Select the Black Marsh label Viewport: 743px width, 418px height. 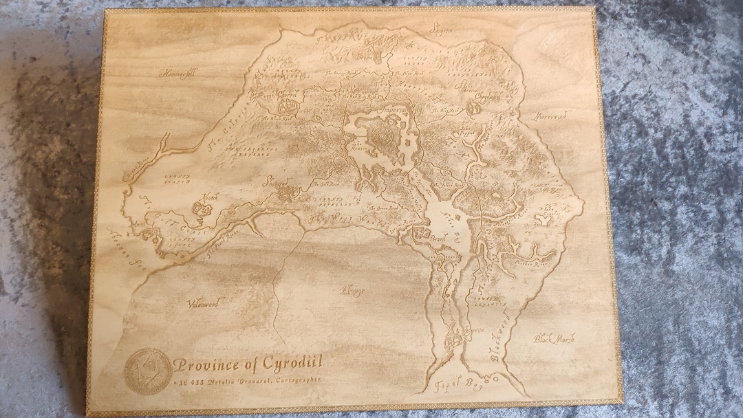[x=554, y=338]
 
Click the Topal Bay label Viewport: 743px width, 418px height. [x=453, y=386]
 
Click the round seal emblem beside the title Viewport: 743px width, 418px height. [x=147, y=371]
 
